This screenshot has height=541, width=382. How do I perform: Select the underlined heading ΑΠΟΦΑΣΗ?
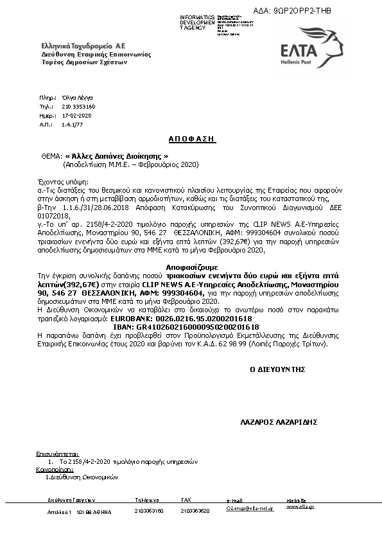coord(193,139)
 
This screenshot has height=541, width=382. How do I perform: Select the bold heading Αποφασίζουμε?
coord(191,265)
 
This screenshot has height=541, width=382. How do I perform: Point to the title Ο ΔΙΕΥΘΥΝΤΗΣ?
coord(277,369)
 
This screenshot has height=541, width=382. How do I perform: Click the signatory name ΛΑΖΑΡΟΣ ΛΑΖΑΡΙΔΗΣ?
coord(279,423)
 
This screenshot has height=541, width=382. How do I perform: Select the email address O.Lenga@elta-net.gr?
coord(250,509)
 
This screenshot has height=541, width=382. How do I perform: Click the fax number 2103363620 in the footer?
coord(195,511)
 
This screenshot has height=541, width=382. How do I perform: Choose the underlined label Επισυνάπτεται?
coord(57,453)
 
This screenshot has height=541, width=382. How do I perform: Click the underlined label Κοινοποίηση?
coord(55,470)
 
